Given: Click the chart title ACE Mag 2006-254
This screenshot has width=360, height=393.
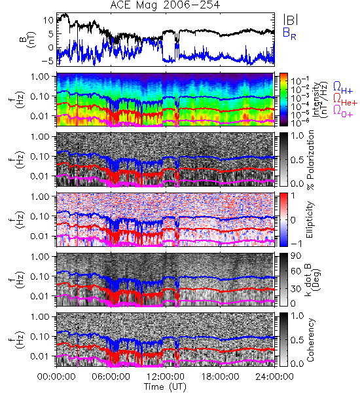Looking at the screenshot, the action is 165,5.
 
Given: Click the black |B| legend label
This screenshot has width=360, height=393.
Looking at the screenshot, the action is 290,19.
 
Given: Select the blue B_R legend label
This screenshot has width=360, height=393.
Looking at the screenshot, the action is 289,33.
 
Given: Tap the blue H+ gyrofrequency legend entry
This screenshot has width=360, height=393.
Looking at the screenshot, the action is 343,88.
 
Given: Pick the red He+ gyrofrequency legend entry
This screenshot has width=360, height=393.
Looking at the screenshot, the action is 345,100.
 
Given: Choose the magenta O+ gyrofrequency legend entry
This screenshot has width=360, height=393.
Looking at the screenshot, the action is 343,111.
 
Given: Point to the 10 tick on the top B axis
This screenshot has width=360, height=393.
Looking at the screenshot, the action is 48,20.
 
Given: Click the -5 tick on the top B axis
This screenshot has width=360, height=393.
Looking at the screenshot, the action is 48,61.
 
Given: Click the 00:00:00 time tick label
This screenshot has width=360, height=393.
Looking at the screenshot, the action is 56,377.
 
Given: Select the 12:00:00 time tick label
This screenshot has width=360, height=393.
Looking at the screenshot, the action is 166,377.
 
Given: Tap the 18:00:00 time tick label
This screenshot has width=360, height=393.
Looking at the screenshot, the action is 220,377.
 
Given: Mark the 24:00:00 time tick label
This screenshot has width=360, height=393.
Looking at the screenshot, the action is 274,377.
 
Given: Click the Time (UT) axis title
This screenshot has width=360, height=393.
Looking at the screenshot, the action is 165,386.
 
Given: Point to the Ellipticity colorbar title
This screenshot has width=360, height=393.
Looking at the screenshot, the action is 310,220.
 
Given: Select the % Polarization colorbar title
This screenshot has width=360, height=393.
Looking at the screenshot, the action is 310,160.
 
